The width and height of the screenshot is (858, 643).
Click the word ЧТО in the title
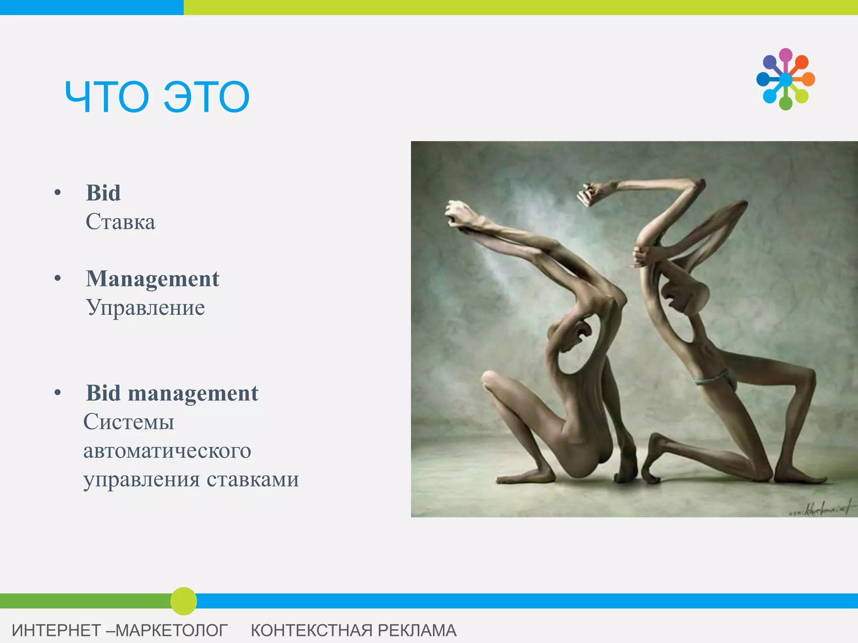point(107,97)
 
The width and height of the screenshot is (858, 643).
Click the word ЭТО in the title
point(207,97)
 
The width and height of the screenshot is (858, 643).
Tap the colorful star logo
point(786,79)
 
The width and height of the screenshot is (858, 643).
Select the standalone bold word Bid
point(103,193)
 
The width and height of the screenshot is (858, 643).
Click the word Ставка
point(120,222)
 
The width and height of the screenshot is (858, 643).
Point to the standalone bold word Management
point(152,279)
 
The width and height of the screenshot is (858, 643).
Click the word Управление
point(145,308)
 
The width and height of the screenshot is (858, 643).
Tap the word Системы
point(129,422)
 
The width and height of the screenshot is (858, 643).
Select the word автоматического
point(167,451)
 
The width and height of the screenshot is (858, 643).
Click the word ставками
point(253,480)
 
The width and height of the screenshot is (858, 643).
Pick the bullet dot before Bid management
point(58,393)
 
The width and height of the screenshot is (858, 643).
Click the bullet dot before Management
point(58,278)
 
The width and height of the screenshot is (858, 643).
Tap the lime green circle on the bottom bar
point(183,601)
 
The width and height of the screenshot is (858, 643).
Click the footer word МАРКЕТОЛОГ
point(171,630)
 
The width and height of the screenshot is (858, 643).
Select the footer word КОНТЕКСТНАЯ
point(312,630)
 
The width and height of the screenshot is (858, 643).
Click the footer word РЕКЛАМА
point(417,630)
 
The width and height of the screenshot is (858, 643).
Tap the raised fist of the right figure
point(589,193)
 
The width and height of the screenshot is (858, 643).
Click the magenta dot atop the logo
point(786,55)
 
